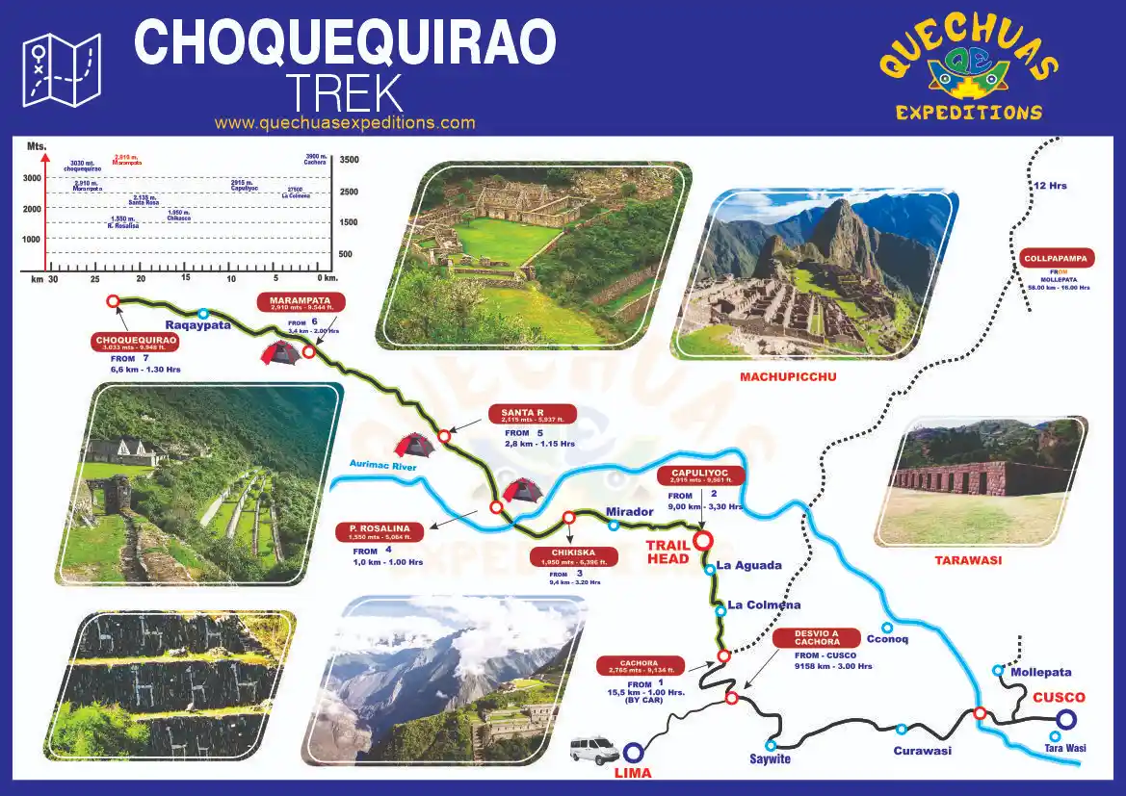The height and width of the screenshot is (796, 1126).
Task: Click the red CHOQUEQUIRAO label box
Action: [135, 342]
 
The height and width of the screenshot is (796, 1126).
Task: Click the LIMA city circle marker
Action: [633, 753]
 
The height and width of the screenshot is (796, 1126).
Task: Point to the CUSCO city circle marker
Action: [1065, 718]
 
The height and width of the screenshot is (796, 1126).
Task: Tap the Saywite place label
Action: [771, 759]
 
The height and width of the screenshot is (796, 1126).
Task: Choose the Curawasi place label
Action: [922, 751]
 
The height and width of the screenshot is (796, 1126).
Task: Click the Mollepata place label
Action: [1040, 672]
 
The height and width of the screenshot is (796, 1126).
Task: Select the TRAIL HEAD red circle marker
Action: [702, 540]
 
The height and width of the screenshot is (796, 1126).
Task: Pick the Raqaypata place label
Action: [197, 325]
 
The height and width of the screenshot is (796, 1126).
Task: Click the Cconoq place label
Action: [887, 639]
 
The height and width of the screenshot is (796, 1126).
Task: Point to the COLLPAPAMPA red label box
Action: [1058, 258]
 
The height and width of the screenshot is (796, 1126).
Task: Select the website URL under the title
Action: [345, 123]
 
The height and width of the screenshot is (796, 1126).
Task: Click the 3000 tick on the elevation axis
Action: [32, 178]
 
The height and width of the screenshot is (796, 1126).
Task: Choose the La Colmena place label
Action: [764, 605]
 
